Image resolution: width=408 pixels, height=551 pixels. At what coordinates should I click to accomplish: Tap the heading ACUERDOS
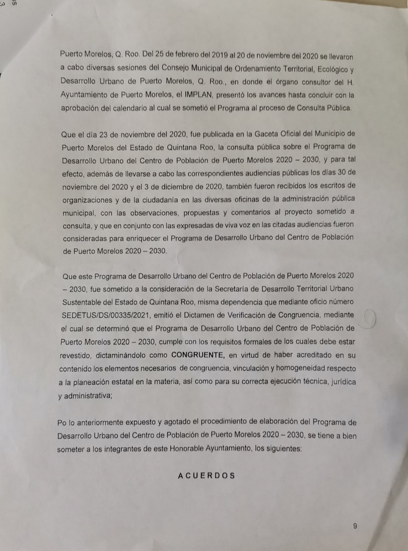click(x=206, y=476)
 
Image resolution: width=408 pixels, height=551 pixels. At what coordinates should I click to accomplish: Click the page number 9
click(x=355, y=526)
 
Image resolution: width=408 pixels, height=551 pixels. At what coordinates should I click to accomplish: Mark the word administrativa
click(x=87, y=396)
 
